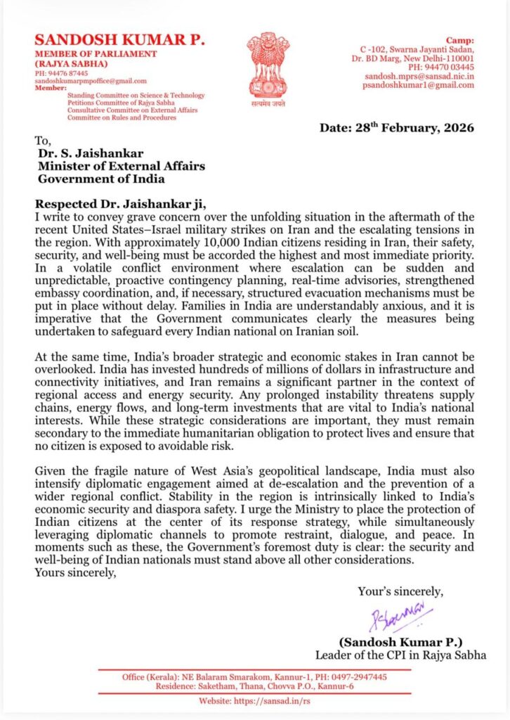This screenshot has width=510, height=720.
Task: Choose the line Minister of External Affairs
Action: pos(121,166)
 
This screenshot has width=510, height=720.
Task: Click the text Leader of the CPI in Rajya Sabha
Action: pos(400,655)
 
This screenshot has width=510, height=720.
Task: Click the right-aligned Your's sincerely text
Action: pos(400,591)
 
